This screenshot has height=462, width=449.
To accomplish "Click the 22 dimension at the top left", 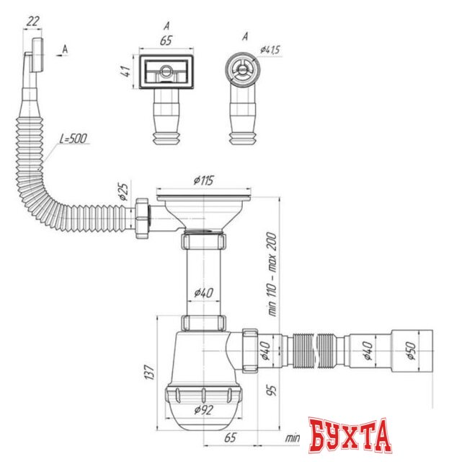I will click(x=32, y=22).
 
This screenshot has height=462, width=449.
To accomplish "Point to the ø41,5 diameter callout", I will click(x=268, y=51).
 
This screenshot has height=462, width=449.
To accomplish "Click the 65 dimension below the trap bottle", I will click(x=231, y=437).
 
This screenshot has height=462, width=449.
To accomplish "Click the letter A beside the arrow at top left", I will click(x=66, y=48).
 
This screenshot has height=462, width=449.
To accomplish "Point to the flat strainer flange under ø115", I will click(x=205, y=193).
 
